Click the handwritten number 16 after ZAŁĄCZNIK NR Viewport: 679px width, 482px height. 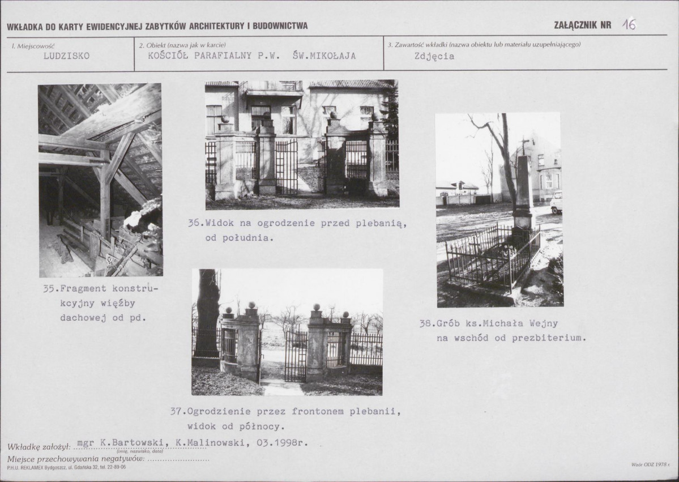pos(629,25)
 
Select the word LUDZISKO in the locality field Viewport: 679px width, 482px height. pos(67,56)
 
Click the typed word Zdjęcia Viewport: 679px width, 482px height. pos(434,56)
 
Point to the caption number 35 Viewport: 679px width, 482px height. pos(48,288)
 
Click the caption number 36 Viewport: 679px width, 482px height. pos(194,224)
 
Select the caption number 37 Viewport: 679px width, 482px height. pos(176,411)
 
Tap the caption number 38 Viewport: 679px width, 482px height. pos(425,323)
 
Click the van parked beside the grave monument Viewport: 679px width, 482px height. pos(557,203)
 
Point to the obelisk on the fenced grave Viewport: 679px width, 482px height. pos(523,191)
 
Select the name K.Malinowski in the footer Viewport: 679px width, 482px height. pos(207,443)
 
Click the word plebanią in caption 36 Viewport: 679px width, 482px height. pos(381,224)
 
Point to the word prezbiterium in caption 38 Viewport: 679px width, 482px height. pos(549,338)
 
